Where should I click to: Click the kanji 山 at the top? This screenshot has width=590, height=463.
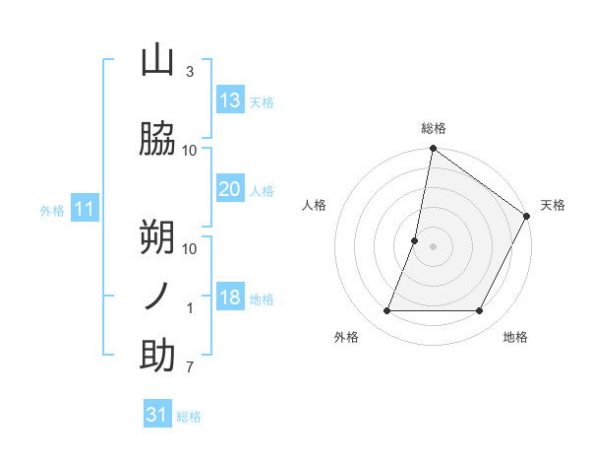[157, 62]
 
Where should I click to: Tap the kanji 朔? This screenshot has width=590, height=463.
[157, 236]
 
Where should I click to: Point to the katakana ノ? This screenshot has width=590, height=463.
[157, 297]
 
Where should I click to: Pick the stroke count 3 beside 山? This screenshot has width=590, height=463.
[190, 72]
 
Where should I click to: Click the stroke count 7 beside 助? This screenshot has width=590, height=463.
[190, 368]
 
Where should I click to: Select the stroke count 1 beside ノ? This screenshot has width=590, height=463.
[190, 308]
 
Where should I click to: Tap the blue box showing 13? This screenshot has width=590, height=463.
[230, 100]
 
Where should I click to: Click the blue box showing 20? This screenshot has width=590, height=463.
[230, 189]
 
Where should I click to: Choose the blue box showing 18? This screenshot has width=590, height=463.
[230, 298]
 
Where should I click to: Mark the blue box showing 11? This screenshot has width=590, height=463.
[85, 209]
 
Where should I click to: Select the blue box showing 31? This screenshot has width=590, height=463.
[157, 415]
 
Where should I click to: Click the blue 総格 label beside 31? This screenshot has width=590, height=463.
[189, 417]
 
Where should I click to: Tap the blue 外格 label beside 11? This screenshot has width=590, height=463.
[52, 211]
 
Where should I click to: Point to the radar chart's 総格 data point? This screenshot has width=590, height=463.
[433, 150]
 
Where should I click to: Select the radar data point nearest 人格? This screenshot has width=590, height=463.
[415, 240]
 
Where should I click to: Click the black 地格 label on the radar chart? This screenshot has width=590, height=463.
[515, 338]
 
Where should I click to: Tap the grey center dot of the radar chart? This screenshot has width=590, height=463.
[433, 246]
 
